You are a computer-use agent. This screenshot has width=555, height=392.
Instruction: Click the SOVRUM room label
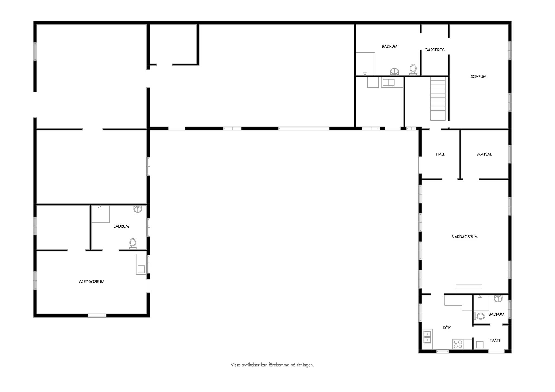tap(478, 77)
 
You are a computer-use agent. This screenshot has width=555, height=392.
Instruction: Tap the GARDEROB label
tap(434, 50)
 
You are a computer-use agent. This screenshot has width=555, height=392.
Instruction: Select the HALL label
tap(440, 154)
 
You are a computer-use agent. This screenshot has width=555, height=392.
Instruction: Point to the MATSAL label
tap(484, 154)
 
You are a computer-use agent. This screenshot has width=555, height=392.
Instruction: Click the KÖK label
tap(447, 328)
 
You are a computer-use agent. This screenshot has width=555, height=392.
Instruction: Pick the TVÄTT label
tap(495, 341)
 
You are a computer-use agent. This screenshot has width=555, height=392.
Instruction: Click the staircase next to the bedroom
tap(438, 99)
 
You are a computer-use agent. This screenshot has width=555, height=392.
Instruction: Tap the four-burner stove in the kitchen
tap(458, 344)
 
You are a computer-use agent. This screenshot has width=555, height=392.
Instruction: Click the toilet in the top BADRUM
tap(413, 69)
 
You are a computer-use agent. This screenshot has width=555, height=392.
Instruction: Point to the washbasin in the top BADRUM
tap(395, 72)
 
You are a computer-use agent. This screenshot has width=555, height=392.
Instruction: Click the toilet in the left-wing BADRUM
tap(133, 244)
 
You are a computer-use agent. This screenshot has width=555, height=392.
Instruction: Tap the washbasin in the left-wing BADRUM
tap(138, 209)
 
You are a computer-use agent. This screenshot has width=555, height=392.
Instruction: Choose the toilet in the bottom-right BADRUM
tap(479, 316)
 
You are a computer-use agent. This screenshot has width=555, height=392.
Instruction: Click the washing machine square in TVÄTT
tap(480, 345)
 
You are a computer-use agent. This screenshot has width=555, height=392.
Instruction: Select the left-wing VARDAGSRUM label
tap(91, 282)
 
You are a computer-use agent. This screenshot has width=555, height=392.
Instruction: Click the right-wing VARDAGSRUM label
tap(465, 237)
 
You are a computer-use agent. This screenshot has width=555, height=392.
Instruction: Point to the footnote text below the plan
tap(272, 365)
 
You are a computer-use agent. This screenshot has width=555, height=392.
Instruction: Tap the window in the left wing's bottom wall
tap(97, 315)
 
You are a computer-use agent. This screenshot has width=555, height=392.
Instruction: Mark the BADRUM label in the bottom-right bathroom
tap(496, 314)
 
